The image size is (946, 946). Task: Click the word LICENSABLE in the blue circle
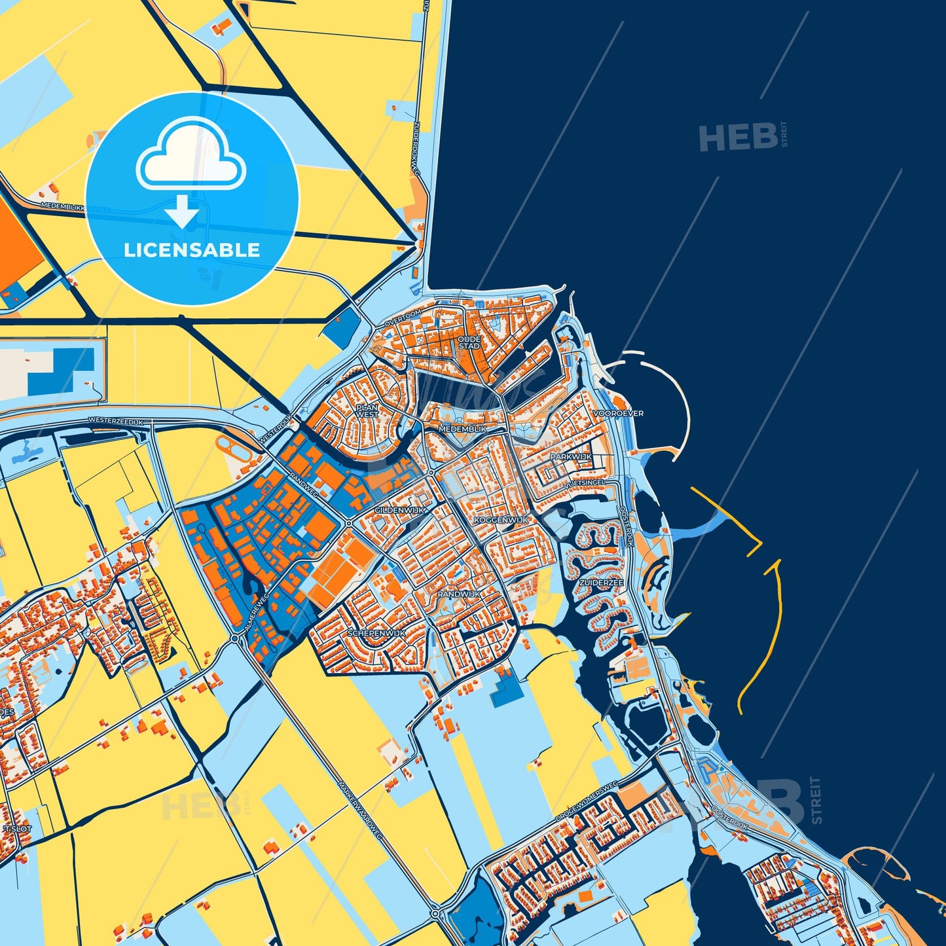(x=192, y=250)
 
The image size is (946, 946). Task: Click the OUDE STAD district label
(x=469, y=342)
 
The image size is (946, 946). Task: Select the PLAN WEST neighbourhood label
(x=367, y=410)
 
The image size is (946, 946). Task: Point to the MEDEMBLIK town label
(x=463, y=428)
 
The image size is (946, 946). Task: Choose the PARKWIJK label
(x=571, y=456)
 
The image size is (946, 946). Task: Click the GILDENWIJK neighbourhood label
(x=400, y=509)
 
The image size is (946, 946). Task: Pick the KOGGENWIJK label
(x=501, y=519)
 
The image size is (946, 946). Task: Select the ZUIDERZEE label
(x=602, y=582)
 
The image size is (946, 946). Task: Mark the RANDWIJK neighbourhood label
(x=459, y=594)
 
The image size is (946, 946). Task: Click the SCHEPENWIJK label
(x=377, y=633)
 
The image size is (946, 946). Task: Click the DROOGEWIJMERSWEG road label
(x=587, y=803)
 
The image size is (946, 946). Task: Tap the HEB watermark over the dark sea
(x=737, y=137)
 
